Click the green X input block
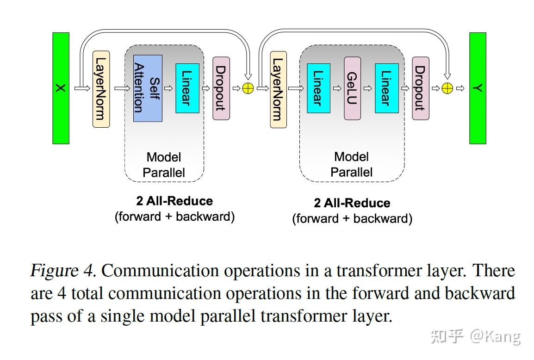click(x=61, y=88)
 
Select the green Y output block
click(x=478, y=88)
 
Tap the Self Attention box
click(x=148, y=88)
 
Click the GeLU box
click(x=352, y=88)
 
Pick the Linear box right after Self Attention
click(x=187, y=88)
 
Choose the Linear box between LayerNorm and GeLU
click(x=318, y=88)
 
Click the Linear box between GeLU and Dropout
click(x=386, y=88)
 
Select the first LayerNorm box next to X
click(x=101, y=89)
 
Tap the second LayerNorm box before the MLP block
click(x=278, y=89)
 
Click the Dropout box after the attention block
click(x=221, y=88)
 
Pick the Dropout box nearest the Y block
click(x=420, y=88)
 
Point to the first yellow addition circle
click(x=248, y=88)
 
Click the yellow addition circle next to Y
click(x=447, y=88)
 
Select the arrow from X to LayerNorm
click(x=82, y=88)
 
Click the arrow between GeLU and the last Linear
click(x=368, y=88)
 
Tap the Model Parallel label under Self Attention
click(x=164, y=165)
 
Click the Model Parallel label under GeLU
click(x=351, y=164)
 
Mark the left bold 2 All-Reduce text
click(x=174, y=201)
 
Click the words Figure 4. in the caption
click(x=63, y=271)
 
